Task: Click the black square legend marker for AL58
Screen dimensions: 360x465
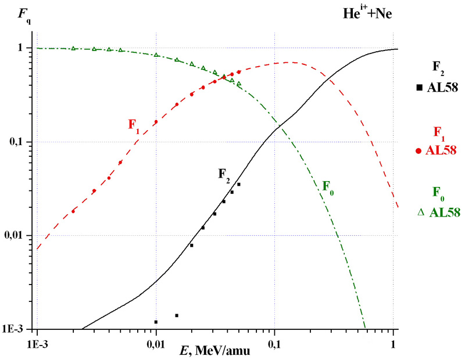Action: (x=419, y=88)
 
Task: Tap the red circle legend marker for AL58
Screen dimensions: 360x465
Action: (x=419, y=151)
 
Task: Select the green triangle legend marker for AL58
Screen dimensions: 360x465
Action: (x=420, y=213)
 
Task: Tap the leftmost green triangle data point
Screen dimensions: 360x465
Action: (x=73, y=48)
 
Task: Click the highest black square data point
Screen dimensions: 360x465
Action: (x=238, y=184)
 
